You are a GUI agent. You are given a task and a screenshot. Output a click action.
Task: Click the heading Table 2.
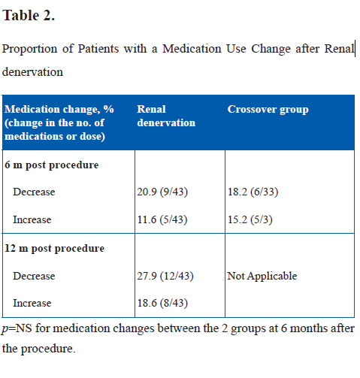[x=29, y=16]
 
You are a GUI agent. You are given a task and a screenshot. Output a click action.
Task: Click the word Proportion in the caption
[x=29, y=49]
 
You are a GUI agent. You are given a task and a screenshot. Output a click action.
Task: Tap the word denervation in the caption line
[x=32, y=72]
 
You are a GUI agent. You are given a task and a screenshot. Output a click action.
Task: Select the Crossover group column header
[x=268, y=110]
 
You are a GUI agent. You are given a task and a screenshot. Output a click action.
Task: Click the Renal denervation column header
[x=166, y=116]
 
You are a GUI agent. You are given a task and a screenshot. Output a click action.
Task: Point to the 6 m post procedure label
[x=52, y=165]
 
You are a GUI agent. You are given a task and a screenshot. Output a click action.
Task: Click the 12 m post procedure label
[x=54, y=249]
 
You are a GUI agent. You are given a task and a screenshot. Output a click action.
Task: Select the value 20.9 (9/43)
[x=162, y=192]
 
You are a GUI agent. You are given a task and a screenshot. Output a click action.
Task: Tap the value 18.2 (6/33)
[x=253, y=192]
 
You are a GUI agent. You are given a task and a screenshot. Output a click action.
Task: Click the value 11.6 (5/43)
[x=162, y=219]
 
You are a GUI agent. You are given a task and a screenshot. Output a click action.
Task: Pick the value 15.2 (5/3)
[x=250, y=219]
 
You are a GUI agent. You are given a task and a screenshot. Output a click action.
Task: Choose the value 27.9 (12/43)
[x=165, y=276]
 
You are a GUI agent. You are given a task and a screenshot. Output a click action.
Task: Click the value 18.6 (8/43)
[x=162, y=303]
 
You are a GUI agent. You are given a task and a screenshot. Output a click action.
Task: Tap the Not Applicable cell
[x=262, y=277]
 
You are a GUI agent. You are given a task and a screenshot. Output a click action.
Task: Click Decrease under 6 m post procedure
[x=34, y=192]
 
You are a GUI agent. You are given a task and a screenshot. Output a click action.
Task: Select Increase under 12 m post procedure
[x=32, y=303]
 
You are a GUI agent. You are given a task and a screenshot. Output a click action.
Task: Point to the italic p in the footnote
[x=5, y=329]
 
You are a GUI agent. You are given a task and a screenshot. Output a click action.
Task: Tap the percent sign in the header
[x=109, y=109]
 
